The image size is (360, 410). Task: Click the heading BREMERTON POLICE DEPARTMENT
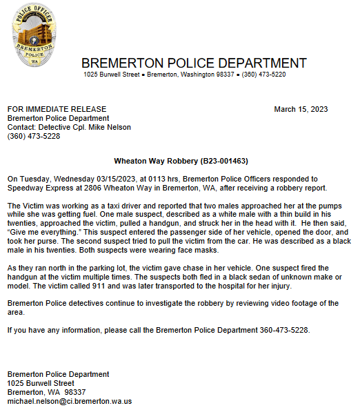click(x=194, y=63)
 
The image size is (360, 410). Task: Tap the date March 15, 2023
click(x=301, y=109)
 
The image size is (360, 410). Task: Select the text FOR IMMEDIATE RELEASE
click(x=57, y=109)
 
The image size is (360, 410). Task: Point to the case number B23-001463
click(x=223, y=160)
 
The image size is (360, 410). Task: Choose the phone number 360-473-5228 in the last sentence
click(x=285, y=330)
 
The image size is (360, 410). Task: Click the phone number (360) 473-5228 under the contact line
click(x=33, y=136)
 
